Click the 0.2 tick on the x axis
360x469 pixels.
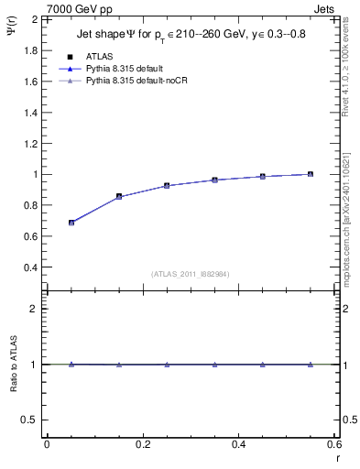pyautogui.click(x=142, y=444)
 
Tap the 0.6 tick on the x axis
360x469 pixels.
pyautogui.click(x=333, y=444)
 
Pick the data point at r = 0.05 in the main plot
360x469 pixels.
pyautogui.click(x=71, y=223)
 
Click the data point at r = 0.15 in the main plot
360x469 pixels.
pyautogui.click(x=119, y=196)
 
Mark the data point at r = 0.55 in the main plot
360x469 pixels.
pyautogui.click(x=311, y=174)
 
